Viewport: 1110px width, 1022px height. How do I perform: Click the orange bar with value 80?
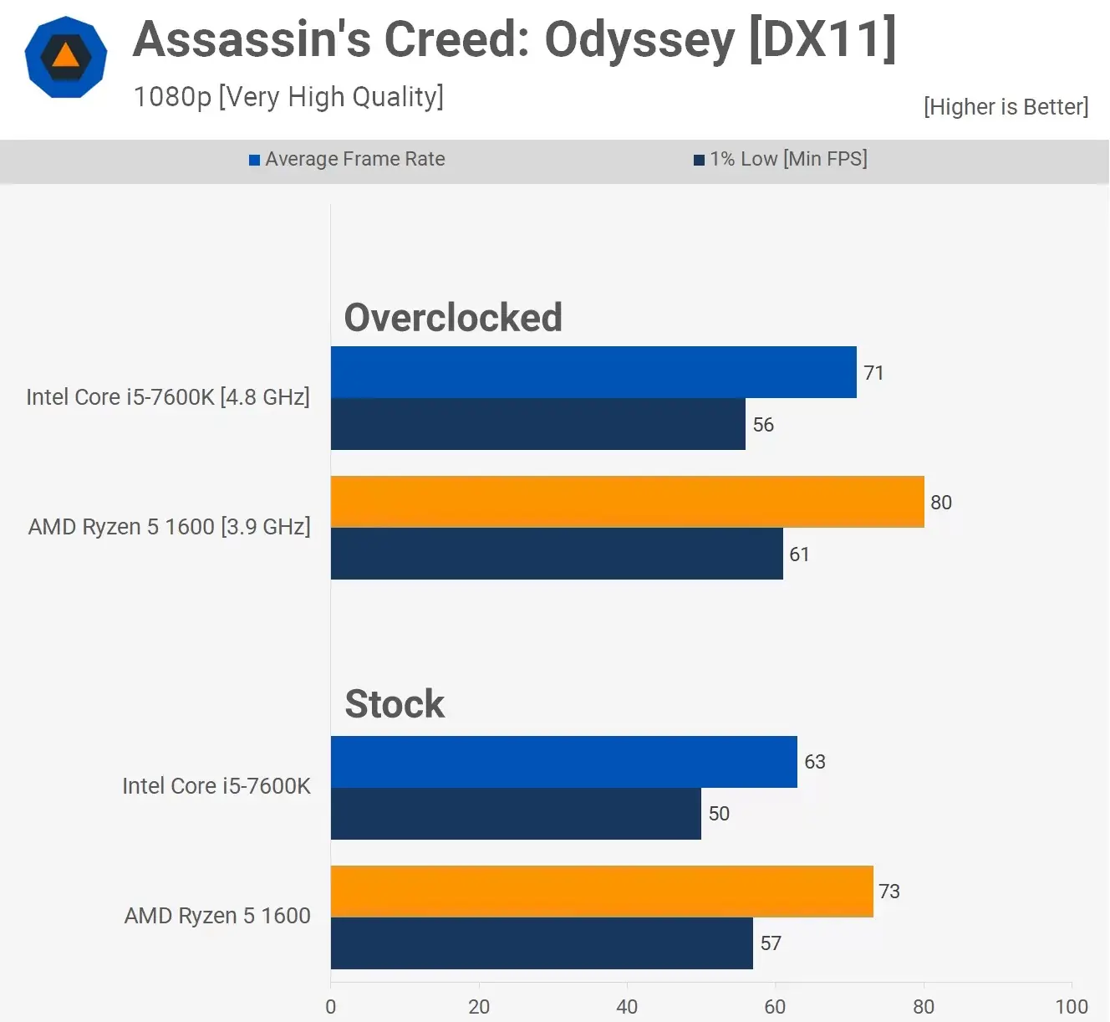(x=627, y=502)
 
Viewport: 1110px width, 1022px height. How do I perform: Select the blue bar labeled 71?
(x=593, y=372)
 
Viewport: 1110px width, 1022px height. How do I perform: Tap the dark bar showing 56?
(x=537, y=424)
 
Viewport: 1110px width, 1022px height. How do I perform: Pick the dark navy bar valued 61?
(x=557, y=554)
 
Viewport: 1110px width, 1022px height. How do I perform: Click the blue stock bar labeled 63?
(x=563, y=762)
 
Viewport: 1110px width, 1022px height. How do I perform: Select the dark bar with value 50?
(x=516, y=814)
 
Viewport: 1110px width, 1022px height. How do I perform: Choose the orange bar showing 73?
(x=602, y=892)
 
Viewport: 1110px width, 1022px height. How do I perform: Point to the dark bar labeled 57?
(x=542, y=943)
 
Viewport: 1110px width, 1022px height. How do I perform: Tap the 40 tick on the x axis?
(x=627, y=1006)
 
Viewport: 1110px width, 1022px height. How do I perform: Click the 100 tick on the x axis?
(x=1072, y=1006)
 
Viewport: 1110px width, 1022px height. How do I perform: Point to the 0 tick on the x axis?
(x=331, y=1006)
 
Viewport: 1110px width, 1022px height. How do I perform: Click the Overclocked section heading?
(x=453, y=318)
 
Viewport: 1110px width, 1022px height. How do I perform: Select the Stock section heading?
(x=395, y=704)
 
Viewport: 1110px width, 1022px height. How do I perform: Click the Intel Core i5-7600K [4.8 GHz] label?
(x=168, y=397)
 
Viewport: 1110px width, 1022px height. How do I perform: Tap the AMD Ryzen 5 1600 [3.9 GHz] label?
(x=170, y=527)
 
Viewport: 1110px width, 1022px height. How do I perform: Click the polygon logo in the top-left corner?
(x=66, y=57)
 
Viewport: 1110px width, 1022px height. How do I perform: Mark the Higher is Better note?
(x=1006, y=107)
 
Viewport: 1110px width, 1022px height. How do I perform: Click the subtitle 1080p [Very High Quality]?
(x=288, y=97)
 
